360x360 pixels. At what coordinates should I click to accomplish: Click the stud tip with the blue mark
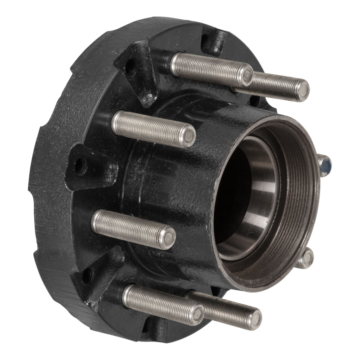click(x=325, y=164)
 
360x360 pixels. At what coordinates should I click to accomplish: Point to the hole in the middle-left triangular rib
click(x=80, y=167)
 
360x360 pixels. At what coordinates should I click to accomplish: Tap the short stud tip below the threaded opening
click(x=307, y=259)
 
